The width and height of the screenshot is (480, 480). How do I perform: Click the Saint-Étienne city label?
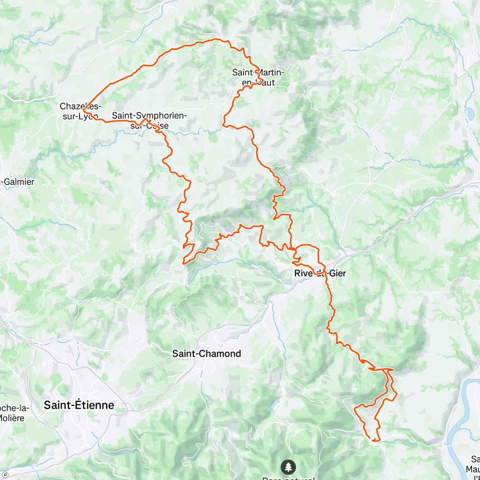[x=79, y=405]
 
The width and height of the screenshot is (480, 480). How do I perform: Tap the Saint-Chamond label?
[x=206, y=354]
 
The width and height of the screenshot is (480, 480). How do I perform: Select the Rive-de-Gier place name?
[x=320, y=274]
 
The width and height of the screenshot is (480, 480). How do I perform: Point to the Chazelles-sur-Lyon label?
[x=80, y=111]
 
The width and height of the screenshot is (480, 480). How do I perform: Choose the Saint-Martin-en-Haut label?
[x=259, y=77]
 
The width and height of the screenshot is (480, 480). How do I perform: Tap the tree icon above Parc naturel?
[x=288, y=466]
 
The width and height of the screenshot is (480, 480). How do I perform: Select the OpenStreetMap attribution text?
[x=64, y=475]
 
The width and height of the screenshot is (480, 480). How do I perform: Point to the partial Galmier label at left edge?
[x=18, y=182]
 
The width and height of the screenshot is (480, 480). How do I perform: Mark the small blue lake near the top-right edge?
[x=470, y=113]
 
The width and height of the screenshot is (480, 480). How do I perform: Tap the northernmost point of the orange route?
[x=218, y=39]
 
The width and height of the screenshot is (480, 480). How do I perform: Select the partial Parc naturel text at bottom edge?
[x=288, y=478]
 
